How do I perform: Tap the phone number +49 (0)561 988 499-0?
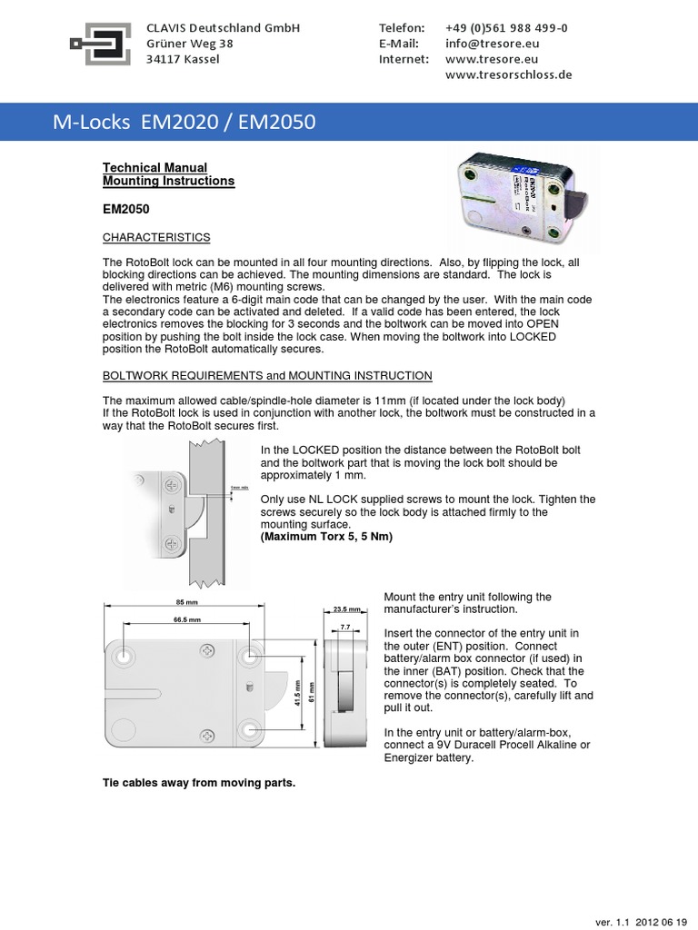[507, 27]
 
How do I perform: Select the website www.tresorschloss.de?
[509, 74]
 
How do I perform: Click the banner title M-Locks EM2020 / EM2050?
[184, 122]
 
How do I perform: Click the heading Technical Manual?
[155, 167]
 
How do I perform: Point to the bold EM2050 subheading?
[126, 209]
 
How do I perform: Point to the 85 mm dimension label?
[185, 602]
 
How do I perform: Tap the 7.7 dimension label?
[345, 628]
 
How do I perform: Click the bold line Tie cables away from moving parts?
[199, 782]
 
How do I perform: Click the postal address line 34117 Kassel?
[183, 59]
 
